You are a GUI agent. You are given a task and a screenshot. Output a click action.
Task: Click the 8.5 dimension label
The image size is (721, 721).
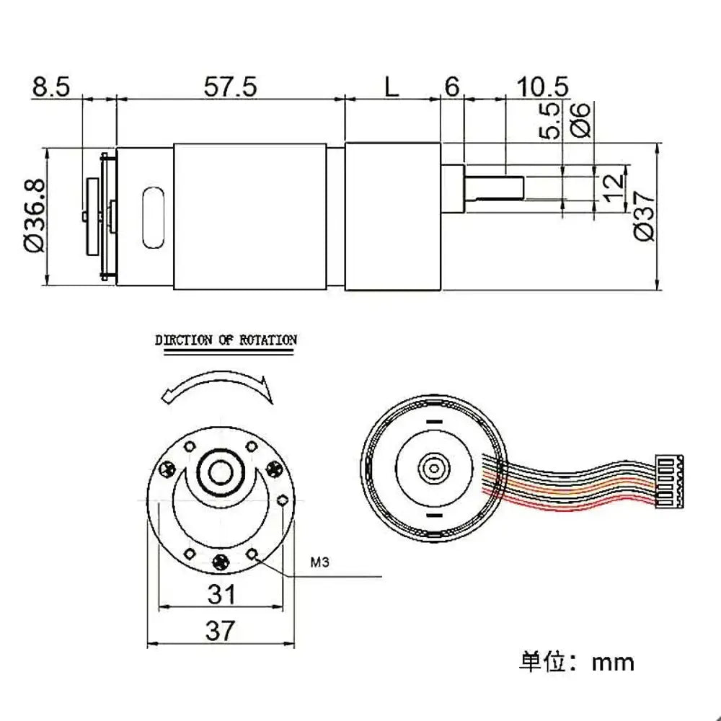click(x=51, y=87)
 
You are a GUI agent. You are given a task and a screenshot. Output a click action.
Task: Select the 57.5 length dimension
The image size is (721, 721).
click(x=230, y=87)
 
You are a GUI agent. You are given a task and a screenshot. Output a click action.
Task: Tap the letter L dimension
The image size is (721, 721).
click(x=390, y=87)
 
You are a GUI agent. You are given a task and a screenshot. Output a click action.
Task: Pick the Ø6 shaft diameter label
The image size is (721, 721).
click(x=581, y=119)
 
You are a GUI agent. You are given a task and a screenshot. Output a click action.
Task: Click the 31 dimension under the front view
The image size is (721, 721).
click(x=222, y=595)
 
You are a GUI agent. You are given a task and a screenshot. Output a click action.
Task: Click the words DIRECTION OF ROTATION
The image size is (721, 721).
click(x=226, y=340)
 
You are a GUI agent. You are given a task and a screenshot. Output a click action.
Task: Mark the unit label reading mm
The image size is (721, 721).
click(x=613, y=662)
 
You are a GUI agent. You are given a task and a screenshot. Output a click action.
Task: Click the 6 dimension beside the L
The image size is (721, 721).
click(x=451, y=87)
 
